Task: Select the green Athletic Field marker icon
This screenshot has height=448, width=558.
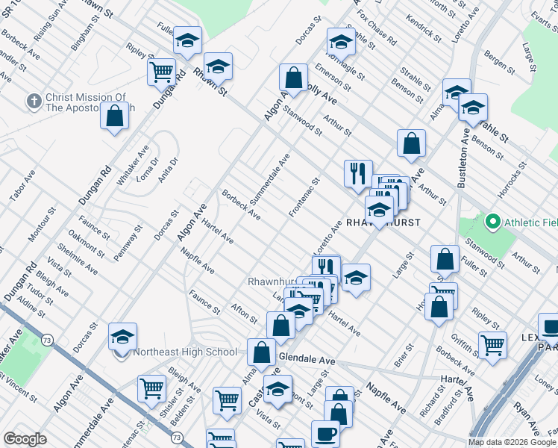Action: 492,222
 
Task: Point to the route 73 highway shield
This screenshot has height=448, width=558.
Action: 47,340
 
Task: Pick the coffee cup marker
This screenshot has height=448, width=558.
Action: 325,433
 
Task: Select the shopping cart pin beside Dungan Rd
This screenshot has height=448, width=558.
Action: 161,72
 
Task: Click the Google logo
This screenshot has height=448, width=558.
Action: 25,439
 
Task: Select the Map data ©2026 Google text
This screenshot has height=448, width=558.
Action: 512,442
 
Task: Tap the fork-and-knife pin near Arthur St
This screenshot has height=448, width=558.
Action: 358,173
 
